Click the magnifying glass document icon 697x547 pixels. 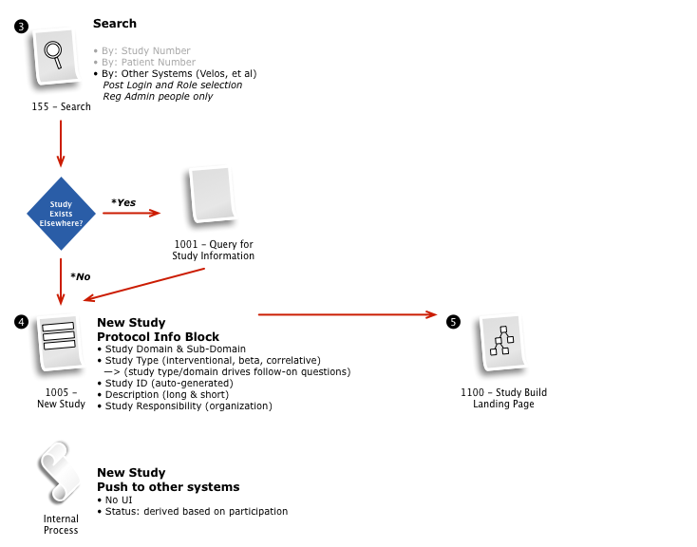(x=56, y=55)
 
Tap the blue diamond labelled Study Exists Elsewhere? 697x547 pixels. (x=61, y=214)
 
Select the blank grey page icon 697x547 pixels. (x=213, y=194)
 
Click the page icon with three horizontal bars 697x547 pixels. (x=61, y=341)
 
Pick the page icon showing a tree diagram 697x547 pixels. (x=503, y=341)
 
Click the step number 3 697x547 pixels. (x=21, y=27)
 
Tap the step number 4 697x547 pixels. (x=21, y=323)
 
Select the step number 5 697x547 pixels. (x=453, y=323)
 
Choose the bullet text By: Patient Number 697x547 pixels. (x=148, y=63)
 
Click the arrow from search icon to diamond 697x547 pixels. (x=61, y=142)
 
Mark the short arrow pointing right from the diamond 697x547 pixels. (x=131, y=213)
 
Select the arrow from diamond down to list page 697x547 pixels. (x=61, y=281)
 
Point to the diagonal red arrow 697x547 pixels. (x=143, y=285)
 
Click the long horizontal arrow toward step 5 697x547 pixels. (x=347, y=314)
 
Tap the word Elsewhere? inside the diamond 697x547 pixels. (x=61, y=223)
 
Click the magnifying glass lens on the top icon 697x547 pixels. (x=53, y=49)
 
